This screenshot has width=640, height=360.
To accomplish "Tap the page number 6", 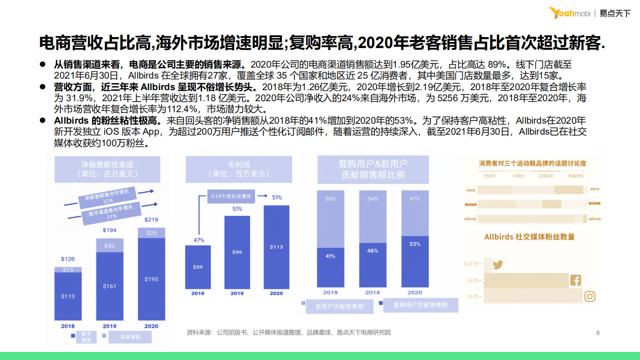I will click(x=598, y=333).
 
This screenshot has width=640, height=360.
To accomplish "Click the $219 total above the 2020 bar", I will click(x=151, y=220).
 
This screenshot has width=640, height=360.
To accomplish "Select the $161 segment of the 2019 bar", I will click(x=110, y=286).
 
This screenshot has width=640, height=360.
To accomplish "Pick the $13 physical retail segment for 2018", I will click(x=68, y=270).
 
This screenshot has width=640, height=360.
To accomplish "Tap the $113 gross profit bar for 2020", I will click(x=276, y=247).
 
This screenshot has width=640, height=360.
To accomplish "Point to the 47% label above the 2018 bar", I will click(x=198, y=240).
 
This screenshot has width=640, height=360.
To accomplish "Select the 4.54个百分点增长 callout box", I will click(x=231, y=196).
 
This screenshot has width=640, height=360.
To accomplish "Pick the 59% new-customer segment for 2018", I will click(x=330, y=218).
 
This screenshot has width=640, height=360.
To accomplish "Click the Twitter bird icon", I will click(x=497, y=265).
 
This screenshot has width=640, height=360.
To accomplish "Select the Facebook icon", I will click(x=575, y=280).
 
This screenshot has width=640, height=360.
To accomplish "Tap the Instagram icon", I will click(x=590, y=296).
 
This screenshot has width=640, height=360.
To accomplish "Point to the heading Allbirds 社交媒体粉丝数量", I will click(x=529, y=237).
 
